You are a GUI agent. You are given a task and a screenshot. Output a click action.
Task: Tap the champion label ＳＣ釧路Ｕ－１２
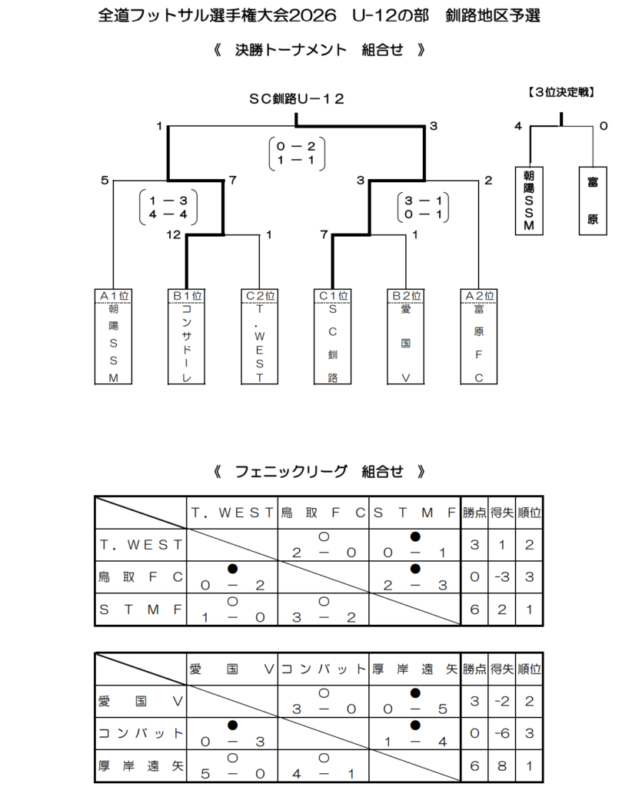tap(296, 98)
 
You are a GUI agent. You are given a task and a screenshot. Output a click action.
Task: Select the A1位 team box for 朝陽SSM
tap(113, 337)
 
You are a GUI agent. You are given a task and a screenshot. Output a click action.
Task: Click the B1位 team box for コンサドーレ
tap(186, 337)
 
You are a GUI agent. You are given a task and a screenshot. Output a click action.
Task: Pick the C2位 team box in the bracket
tap(259, 337)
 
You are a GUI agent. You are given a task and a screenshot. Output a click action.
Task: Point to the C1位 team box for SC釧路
tap(332, 337)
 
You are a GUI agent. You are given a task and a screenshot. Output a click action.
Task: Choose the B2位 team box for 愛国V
tap(405, 337)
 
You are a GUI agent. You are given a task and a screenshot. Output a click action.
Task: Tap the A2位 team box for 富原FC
tap(478, 337)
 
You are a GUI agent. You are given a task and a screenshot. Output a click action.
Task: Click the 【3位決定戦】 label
tap(561, 93)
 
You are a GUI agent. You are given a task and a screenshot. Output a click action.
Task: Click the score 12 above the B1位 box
tap(173, 234)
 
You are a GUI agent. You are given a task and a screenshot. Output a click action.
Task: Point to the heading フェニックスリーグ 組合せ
tap(318, 471)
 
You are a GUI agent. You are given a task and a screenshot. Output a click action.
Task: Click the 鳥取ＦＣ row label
tap(141, 576)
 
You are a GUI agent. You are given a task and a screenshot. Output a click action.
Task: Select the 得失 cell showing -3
tap(501, 576)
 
